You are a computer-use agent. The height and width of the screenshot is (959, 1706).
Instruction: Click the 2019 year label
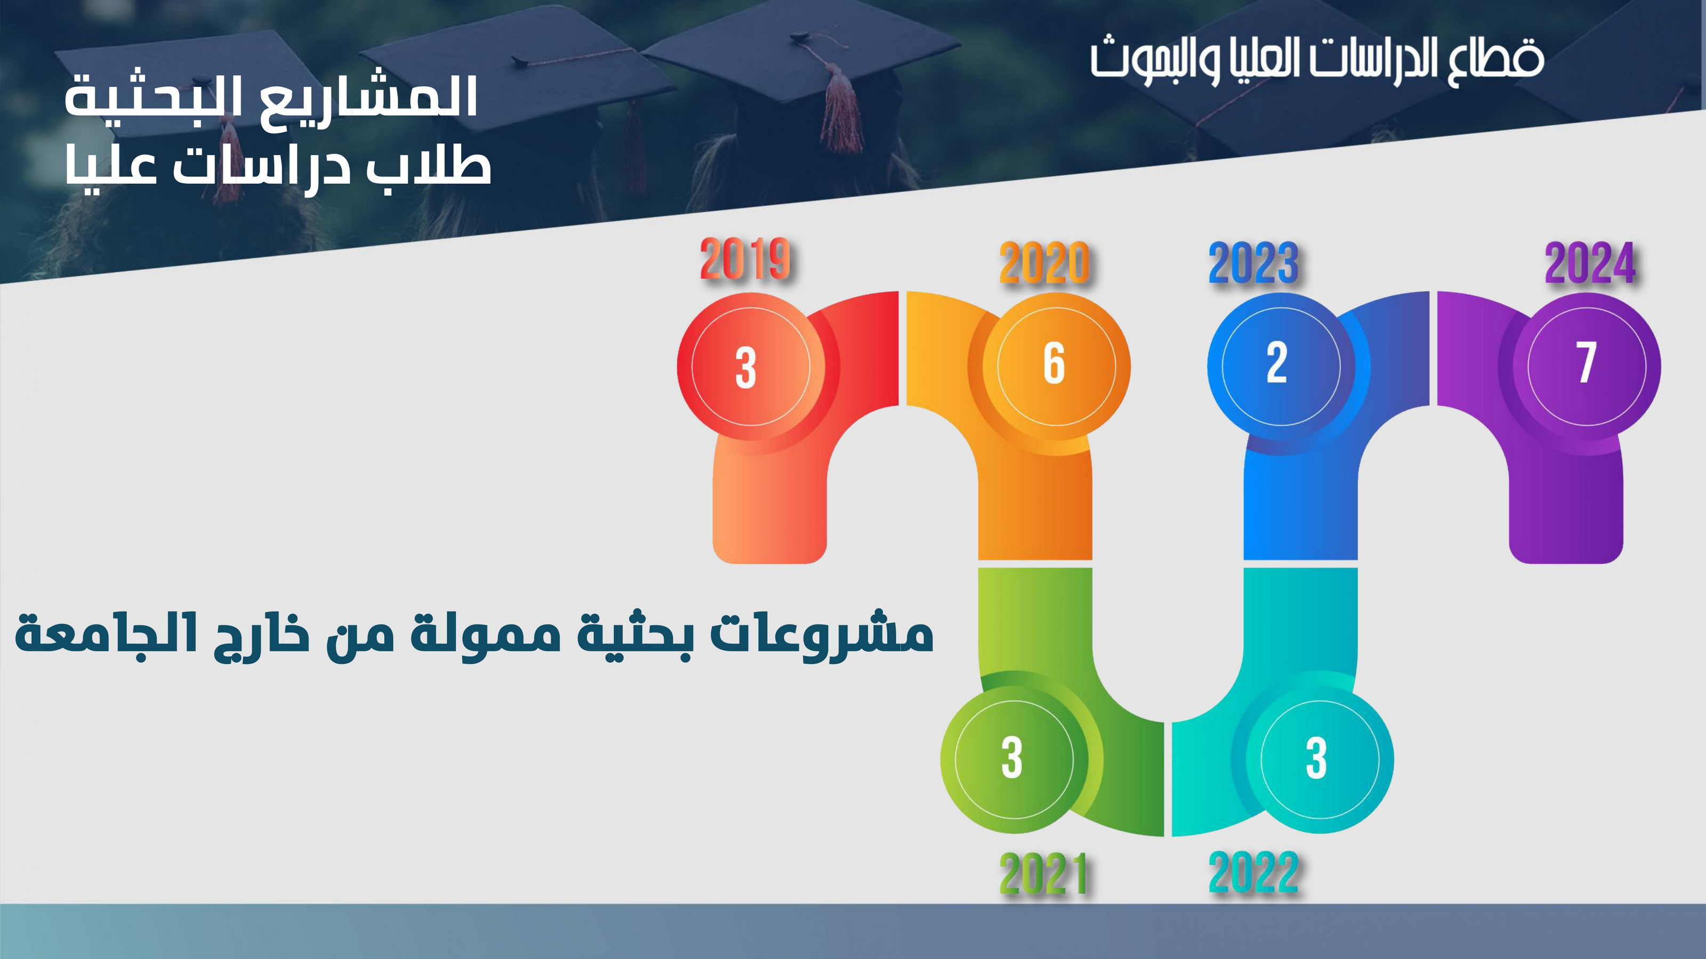click(x=745, y=259)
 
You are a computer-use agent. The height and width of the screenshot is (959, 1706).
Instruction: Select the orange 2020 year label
click(x=1044, y=263)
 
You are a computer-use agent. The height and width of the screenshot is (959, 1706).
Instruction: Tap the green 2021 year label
click(x=1043, y=873)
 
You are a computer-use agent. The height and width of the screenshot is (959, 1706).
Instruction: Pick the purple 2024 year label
click(x=1590, y=263)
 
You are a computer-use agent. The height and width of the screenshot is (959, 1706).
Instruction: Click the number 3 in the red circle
click(x=746, y=368)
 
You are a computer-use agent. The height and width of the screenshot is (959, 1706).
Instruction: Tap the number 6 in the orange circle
click(x=1055, y=363)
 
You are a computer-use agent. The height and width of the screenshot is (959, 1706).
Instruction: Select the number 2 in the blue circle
click(x=1277, y=363)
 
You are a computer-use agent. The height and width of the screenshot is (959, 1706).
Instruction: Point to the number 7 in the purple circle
click(x=1586, y=363)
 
